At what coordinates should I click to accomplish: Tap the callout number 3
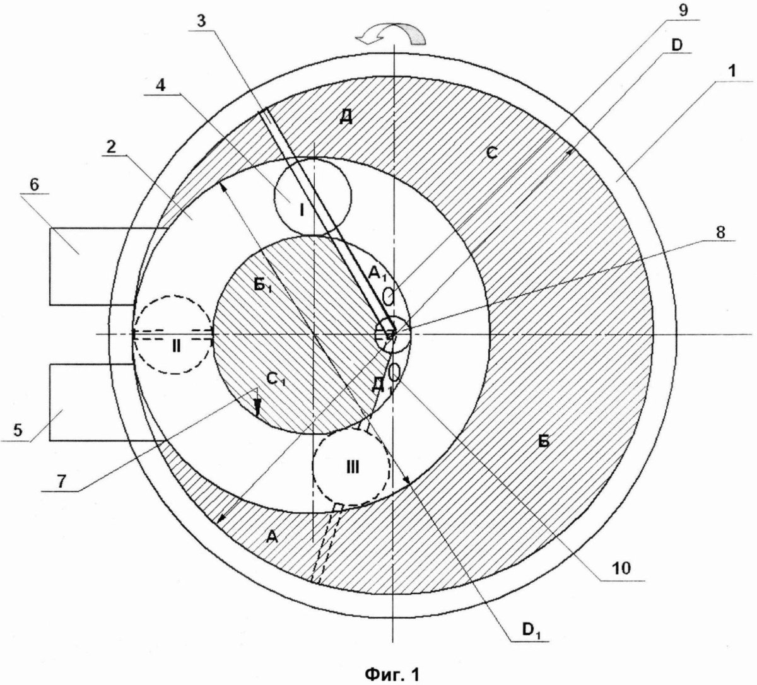click(x=202, y=21)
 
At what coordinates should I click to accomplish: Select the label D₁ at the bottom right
click(x=531, y=629)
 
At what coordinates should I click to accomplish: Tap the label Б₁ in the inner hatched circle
click(x=263, y=286)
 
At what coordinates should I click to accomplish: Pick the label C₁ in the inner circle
click(x=276, y=379)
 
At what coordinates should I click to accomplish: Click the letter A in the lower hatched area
click(x=272, y=536)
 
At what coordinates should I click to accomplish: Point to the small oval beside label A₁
click(x=389, y=296)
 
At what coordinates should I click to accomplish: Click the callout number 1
click(x=732, y=71)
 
